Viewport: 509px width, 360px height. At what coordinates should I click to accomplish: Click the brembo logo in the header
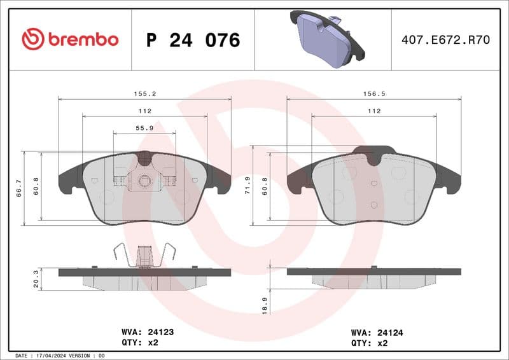tap(70, 39)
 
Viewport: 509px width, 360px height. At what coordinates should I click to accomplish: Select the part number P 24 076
tap(193, 40)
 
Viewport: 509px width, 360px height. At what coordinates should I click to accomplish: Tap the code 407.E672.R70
tap(445, 40)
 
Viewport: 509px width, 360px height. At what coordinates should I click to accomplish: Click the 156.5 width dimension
tap(373, 93)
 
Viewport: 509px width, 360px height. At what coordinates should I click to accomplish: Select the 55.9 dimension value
tap(144, 128)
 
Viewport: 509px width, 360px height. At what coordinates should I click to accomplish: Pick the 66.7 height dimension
tap(19, 188)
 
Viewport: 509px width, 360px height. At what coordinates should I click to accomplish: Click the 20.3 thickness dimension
tap(36, 278)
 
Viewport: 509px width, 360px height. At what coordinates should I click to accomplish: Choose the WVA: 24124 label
tap(378, 332)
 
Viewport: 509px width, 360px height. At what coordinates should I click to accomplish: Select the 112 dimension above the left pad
tap(144, 111)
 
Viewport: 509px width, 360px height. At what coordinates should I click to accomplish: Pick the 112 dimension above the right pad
tap(373, 111)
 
